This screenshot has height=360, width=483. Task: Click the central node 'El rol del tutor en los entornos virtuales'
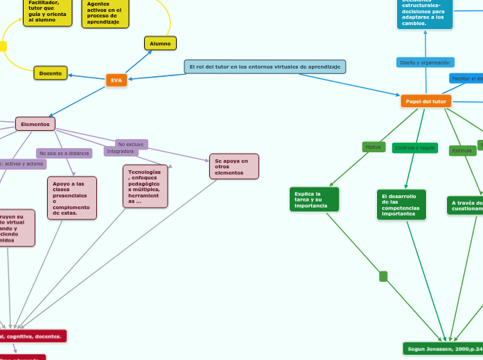[265, 66]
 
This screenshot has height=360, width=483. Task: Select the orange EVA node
[116, 80]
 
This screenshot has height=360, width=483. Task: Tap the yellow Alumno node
[160, 44]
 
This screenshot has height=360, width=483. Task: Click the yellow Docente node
[51, 73]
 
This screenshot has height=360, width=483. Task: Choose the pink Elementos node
[35, 124]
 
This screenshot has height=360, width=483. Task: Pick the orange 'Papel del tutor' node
[426, 101]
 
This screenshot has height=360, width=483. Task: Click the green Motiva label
[373, 147]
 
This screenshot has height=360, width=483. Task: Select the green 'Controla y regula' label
[414, 147]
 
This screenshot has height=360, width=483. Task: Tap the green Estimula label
[462, 150]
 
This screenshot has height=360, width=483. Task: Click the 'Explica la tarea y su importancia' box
[314, 199]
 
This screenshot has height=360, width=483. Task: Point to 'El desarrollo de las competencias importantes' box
[401, 205]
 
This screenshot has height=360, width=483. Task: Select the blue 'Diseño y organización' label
[425, 62]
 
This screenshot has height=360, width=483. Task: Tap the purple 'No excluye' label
[130, 144]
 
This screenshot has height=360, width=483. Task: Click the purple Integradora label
[121, 151]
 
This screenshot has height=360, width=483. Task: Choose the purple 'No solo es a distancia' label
[64, 153]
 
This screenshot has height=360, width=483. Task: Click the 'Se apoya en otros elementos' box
[234, 166]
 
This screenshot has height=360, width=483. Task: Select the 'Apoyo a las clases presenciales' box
[72, 198]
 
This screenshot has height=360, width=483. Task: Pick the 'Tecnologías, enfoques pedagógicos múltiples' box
[145, 186]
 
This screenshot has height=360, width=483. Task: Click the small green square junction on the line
[383, 276]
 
